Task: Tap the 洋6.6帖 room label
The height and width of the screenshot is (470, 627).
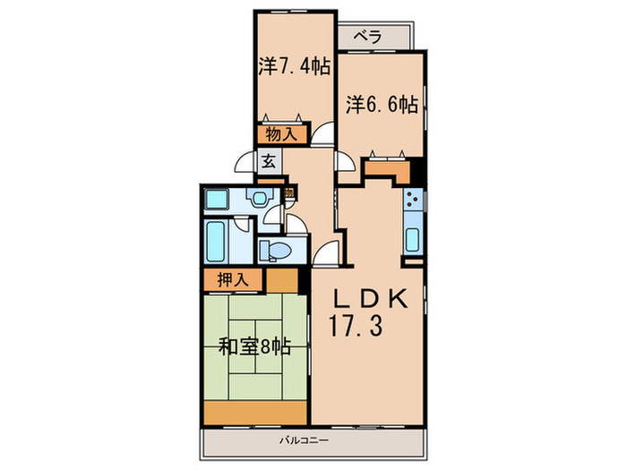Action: (382, 104)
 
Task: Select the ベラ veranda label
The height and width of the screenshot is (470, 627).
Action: (367, 37)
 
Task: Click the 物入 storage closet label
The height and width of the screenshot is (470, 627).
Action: (279, 135)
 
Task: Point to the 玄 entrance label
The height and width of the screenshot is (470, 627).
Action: (269, 162)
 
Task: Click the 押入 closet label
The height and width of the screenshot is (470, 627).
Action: (233, 279)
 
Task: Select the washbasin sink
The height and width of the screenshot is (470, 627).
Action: (261, 199)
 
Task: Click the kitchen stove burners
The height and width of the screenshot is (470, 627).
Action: (414, 201)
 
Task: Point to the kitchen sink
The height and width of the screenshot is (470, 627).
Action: (413, 239)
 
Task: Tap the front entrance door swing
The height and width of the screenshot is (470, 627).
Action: (243, 164)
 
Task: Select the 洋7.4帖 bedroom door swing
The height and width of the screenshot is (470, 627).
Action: (322, 133)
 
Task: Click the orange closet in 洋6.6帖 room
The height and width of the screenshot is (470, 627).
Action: (387, 167)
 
